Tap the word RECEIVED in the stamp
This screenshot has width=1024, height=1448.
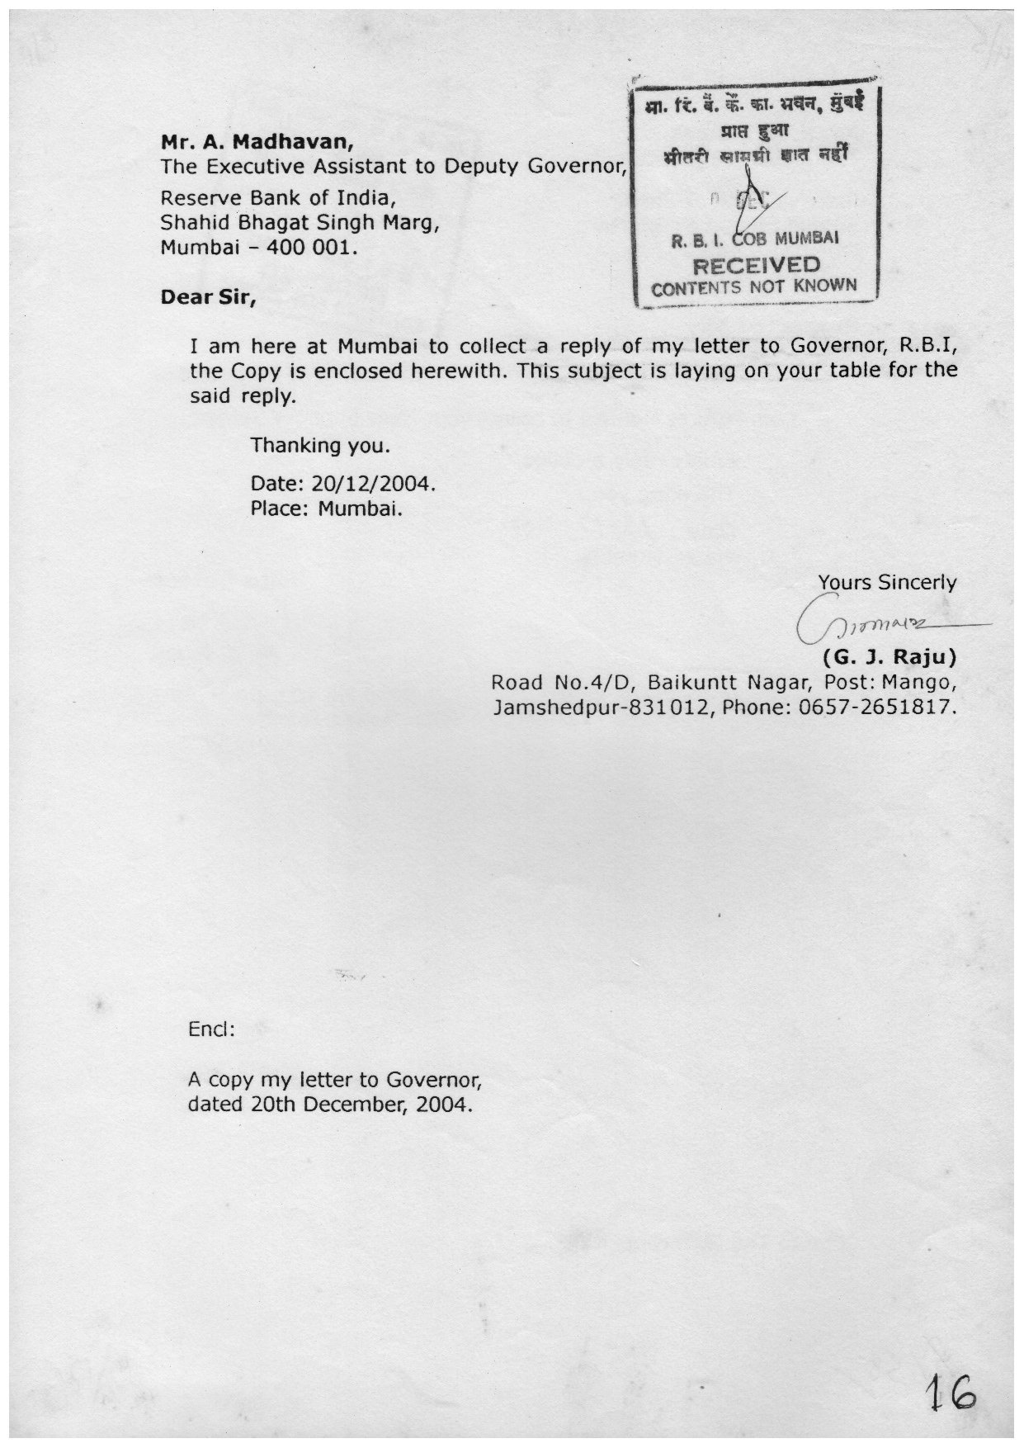pyautogui.click(x=756, y=266)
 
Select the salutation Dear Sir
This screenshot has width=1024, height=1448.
pyautogui.click(x=208, y=296)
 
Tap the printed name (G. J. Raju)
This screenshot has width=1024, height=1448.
pyautogui.click(x=890, y=658)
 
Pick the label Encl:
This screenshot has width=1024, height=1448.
pyautogui.click(x=211, y=1030)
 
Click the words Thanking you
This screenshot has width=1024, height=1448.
pyautogui.click(x=319, y=447)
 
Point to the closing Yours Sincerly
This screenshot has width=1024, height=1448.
pyautogui.click(x=887, y=583)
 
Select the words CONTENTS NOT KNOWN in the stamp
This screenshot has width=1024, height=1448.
pyautogui.click(x=754, y=286)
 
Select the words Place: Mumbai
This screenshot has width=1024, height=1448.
pyautogui.click(x=327, y=508)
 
